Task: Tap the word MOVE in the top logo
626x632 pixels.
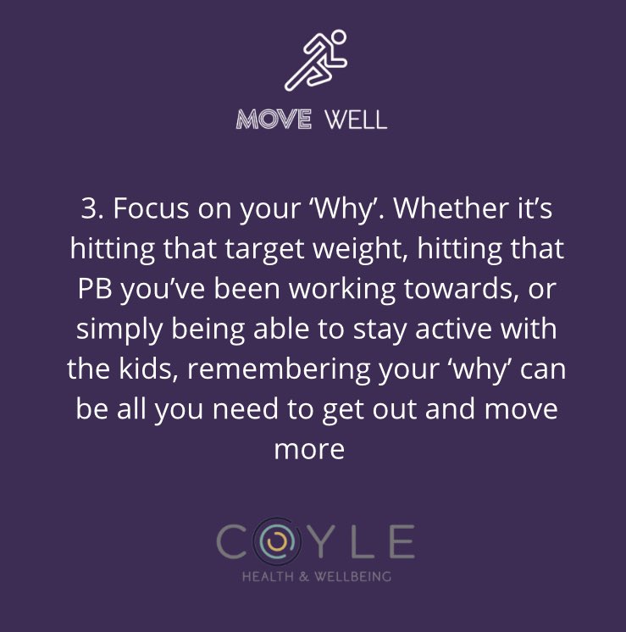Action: [x=273, y=119]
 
